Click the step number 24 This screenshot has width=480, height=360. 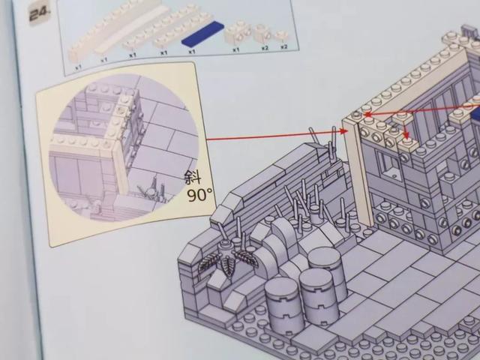38,14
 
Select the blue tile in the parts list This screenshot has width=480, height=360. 202,33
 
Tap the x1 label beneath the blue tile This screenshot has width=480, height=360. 192,52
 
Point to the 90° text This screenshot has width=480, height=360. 200,195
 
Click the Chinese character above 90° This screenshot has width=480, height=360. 193,178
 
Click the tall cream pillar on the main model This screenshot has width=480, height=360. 357,172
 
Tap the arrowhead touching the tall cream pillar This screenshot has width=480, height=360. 344,131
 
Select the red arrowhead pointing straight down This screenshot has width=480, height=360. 406,135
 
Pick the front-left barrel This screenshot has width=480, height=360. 283,306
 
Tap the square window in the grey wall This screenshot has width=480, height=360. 389,166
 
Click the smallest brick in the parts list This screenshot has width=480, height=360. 281,37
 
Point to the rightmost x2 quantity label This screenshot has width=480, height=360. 284,46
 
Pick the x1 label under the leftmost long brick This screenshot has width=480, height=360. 79,66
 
